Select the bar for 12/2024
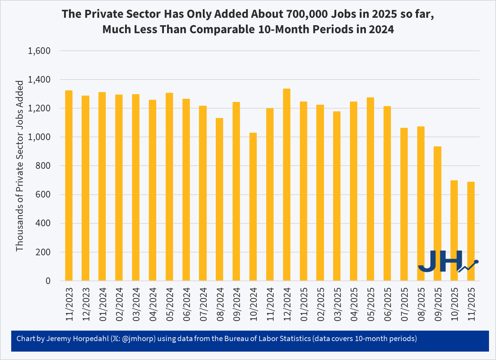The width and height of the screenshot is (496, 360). pos(287,185)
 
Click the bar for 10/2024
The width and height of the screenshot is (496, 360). pos(253,207)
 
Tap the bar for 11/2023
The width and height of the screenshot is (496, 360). pos(69,186)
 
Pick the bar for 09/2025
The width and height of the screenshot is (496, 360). pos(438,214)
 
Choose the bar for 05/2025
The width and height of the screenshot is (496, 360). pos(370,189)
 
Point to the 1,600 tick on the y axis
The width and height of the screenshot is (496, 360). pos(39,51)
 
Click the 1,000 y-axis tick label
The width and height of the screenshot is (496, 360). pos(39,137)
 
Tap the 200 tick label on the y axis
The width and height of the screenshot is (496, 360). pos(43,252)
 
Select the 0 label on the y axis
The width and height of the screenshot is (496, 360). pos(48,281)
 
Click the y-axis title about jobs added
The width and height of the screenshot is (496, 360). pos(20,166)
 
